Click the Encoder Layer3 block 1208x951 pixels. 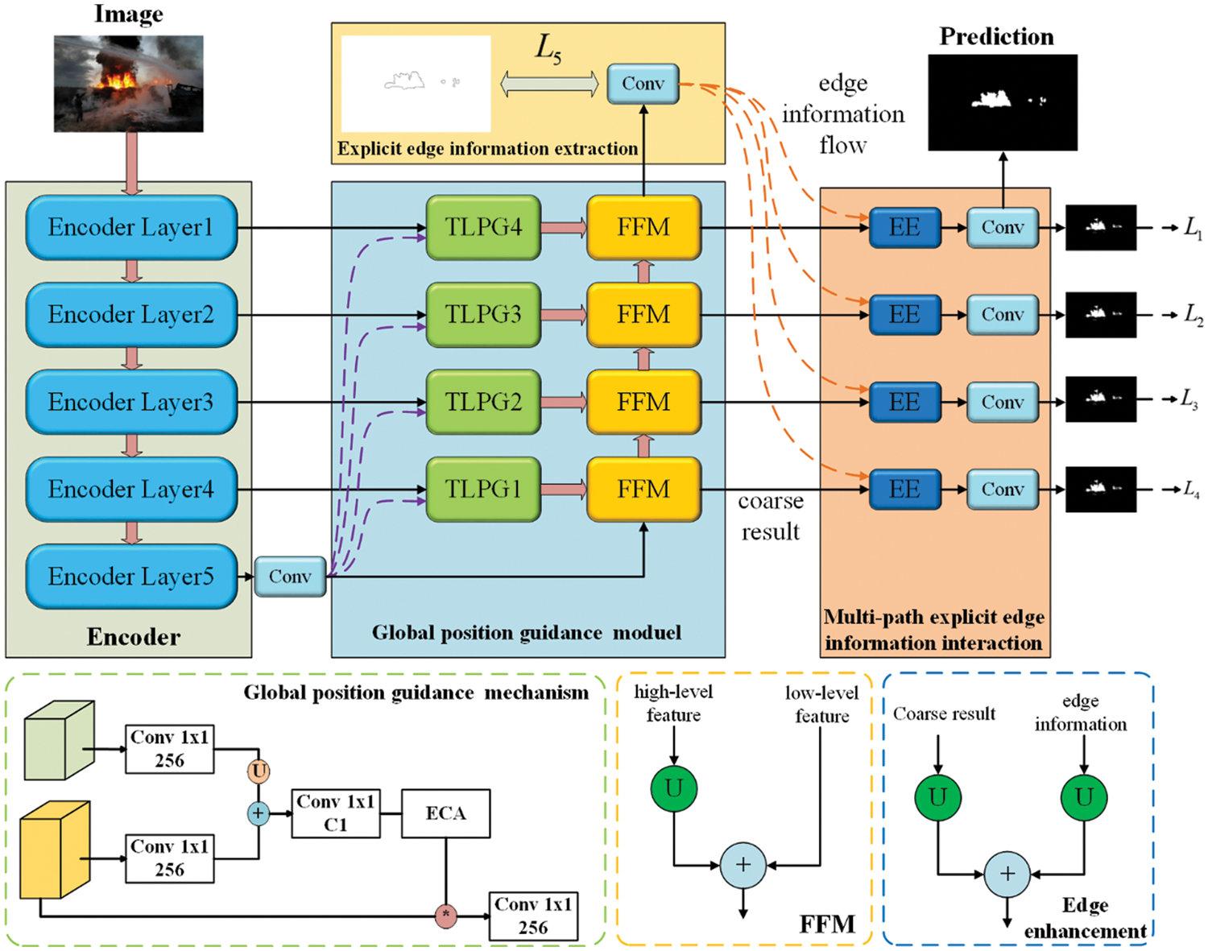point(131,402)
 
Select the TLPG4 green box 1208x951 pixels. point(483,228)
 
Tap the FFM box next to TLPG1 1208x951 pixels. point(643,490)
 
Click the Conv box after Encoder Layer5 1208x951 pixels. point(290,577)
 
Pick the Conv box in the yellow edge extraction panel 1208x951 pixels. point(643,84)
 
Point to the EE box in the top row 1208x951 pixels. point(904,228)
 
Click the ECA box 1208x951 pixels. point(445,813)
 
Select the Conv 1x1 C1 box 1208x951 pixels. point(335,813)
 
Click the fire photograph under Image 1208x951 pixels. point(129,84)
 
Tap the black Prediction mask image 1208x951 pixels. point(1003,102)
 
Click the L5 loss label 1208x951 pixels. point(548,50)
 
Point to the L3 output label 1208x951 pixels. point(1189,399)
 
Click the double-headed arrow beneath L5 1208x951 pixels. point(549,84)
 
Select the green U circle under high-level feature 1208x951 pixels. point(674,788)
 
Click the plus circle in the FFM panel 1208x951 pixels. point(743,866)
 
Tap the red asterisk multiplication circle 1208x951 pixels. point(445,916)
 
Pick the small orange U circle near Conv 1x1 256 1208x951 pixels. point(259,771)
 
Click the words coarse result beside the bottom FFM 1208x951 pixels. point(771,516)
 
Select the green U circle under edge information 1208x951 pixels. point(1084,797)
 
